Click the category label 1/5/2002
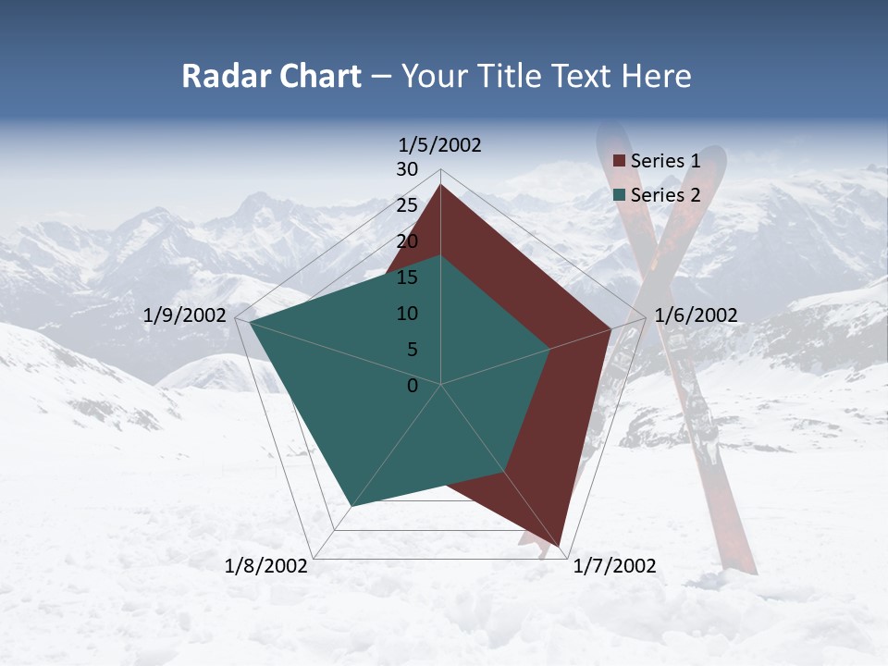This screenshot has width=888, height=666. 440,145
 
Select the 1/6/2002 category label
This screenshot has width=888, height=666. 696,315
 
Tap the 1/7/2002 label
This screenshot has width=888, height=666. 614,566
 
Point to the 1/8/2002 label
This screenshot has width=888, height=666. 266,566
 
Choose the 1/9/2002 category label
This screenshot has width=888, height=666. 185,315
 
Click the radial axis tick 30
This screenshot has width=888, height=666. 407,169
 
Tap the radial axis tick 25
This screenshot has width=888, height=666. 407,205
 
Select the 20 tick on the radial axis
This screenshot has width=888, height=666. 407,241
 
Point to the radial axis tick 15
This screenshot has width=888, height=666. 407,277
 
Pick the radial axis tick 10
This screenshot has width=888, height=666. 407,314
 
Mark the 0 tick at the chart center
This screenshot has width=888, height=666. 413,386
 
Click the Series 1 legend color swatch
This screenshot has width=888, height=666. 620,162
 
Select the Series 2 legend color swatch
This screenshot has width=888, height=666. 620,195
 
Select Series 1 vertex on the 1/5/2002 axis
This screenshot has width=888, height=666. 441,185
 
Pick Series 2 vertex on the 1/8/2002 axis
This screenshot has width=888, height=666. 351,506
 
